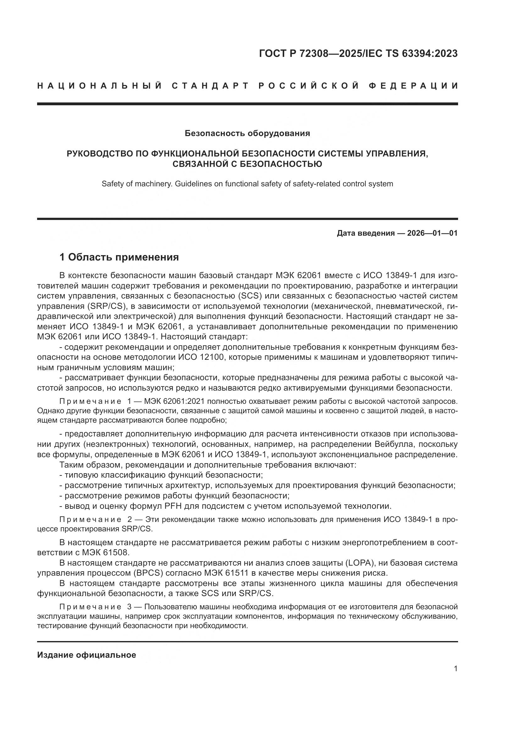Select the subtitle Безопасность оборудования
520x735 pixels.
[x=247, y=133]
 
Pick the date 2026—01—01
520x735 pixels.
[x=432, y=233]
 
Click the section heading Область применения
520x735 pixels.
[x=123, y=257]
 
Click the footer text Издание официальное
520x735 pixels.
[x=86, y=655]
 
